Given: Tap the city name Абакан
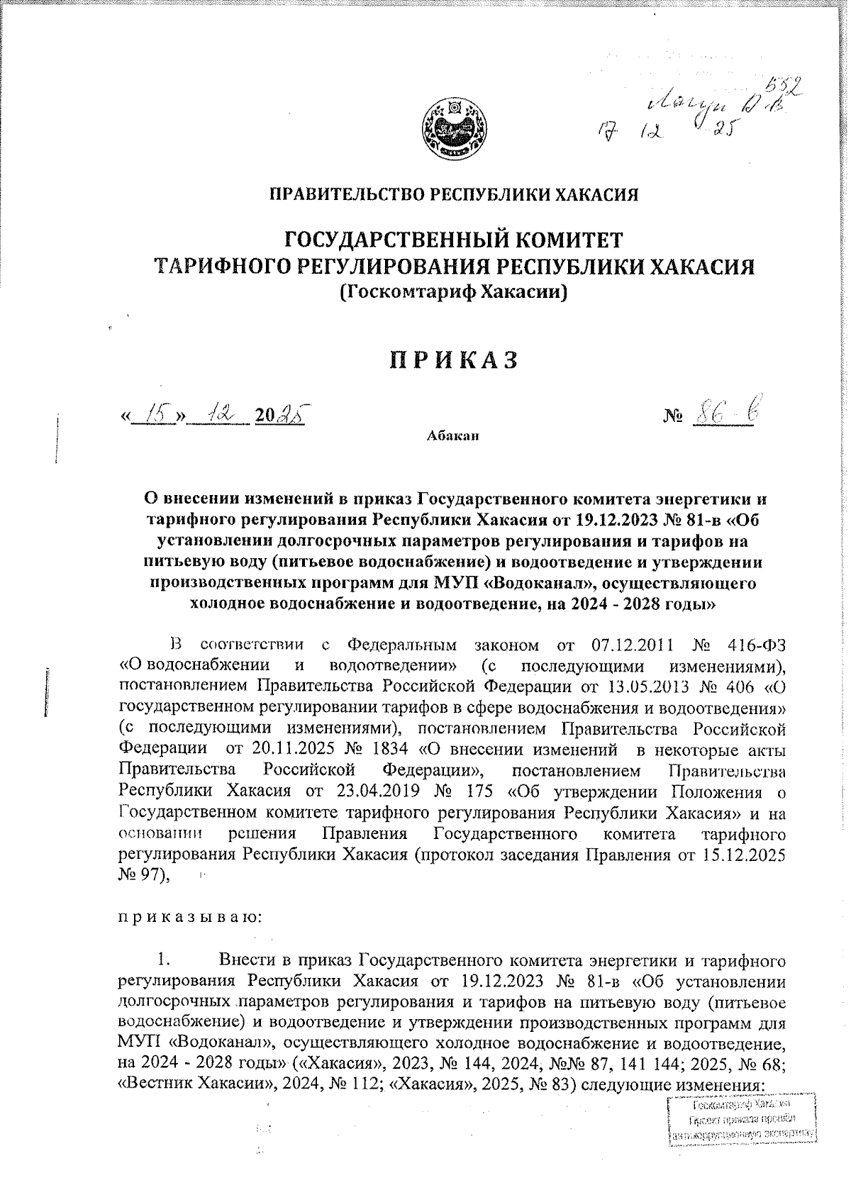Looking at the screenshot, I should [453, 435].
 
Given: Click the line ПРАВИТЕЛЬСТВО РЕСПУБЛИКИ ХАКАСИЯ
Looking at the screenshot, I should [452, 193].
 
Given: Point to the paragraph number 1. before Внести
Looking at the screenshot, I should [164, 961].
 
